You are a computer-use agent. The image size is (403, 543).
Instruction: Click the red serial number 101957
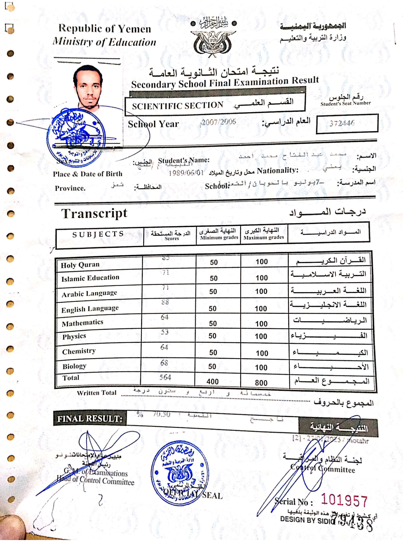tap(344, 500)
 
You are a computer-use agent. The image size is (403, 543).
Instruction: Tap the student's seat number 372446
tap(342, 123)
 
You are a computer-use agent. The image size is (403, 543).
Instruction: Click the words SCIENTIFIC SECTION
tap(178, 106)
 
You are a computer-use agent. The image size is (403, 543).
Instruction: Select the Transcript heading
tap(94, 213)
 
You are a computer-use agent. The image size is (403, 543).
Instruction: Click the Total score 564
tap(165, 377)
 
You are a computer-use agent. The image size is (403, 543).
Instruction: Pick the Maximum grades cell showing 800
tap(261, 383)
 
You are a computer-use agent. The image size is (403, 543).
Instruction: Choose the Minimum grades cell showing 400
tap(213, 381)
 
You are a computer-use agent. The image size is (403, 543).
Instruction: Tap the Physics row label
tap(74, 337)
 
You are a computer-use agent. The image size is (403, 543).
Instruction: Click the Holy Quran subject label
tap(80, 265)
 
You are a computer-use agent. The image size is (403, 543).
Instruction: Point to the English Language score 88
tap(165, 302)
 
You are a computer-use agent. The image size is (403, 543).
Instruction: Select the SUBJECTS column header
tap(98, 234)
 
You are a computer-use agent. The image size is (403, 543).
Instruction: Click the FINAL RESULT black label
tap(90, 419)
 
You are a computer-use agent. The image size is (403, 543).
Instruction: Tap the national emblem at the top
tap(213, 41)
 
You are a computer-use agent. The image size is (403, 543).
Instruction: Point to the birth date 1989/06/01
tap(186, 173)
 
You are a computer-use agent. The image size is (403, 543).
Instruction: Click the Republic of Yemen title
tap(105, 29)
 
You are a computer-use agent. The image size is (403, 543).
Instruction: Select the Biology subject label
tap(74, 366)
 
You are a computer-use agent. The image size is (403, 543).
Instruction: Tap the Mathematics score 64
tap(165, 317)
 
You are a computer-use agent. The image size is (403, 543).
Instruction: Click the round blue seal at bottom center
tap(179, 473)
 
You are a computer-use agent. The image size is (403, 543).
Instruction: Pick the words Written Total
tap(97, 393)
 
